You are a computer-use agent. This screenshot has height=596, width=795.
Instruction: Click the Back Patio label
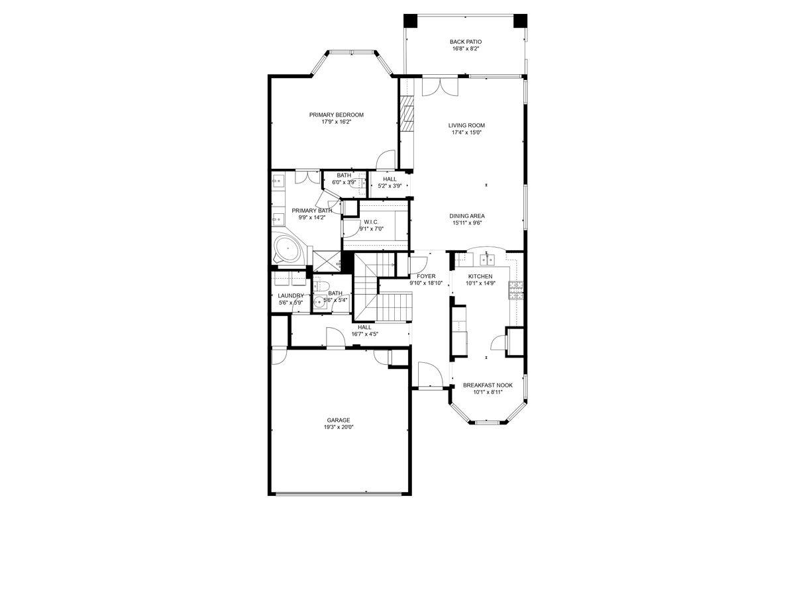[x=465, y=42]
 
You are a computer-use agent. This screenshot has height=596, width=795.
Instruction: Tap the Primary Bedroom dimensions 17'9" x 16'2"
[x=336, y=122]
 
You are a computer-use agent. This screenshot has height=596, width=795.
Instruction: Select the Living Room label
[x=466, y=125]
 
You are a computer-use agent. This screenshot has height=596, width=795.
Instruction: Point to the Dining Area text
[x=466, y=216]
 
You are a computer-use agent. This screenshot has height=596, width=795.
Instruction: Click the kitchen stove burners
[x=515, y=287]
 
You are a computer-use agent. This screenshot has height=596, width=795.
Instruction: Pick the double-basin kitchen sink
[x=488, y=257]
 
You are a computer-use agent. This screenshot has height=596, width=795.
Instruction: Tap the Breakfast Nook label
[x=487, y=385]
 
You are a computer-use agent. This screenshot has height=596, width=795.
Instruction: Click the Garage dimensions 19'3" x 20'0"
[x=338, y=427]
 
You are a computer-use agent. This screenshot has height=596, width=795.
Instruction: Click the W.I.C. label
[x=370, y=222]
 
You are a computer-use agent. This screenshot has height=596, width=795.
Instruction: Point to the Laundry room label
[x=291, y=296]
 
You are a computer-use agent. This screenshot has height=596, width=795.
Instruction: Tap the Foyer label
[x=426, y=276]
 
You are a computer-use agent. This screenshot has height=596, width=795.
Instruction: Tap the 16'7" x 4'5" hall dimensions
[x=364, y=334]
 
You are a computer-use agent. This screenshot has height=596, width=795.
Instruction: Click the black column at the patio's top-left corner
[x=411, y=21]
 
